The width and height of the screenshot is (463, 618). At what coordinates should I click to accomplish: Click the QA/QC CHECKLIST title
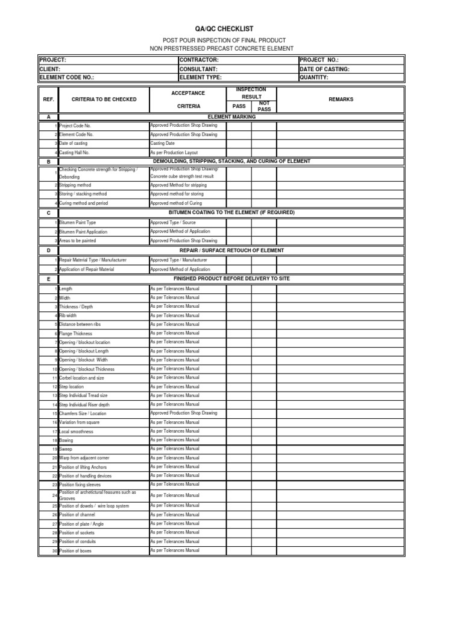pos(232,29)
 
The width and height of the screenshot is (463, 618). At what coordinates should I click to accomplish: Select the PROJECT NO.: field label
pos(319,60)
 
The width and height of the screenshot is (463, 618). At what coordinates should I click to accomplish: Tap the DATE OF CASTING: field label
pos(324,69)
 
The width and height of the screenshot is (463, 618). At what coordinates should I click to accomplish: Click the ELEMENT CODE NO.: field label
pos(67,77)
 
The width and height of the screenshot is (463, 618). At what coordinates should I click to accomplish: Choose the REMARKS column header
pos(341,99)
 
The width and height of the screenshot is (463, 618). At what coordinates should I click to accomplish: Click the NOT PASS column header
pos(264,106)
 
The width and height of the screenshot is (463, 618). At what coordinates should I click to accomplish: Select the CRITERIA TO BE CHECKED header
pos(104,99)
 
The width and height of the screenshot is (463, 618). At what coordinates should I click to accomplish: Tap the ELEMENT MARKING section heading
pos(231,116)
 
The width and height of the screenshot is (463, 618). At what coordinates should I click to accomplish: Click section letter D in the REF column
pos(48,250)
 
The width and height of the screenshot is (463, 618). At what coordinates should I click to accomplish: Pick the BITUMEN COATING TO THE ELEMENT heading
pos(231,213)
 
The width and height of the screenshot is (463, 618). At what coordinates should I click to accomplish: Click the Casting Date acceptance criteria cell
pos(163,144)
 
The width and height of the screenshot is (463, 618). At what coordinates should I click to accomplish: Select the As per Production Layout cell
pos(174,153)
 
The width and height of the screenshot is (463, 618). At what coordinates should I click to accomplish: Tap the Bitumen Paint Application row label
pos(83,232)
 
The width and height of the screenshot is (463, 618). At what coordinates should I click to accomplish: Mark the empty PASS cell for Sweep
pos(239,449)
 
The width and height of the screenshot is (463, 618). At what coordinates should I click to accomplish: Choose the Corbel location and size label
pos(81,378)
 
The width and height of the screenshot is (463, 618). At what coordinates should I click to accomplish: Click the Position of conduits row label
pos(78,542)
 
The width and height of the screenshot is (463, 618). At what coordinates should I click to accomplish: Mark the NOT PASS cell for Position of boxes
pos(264,551)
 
